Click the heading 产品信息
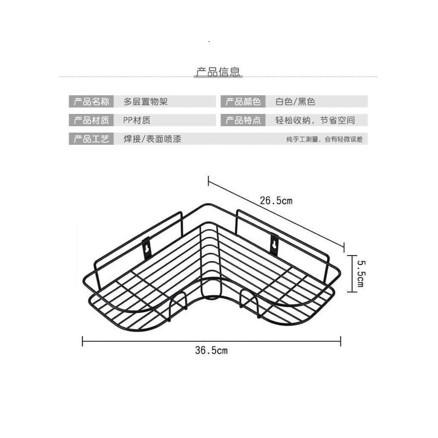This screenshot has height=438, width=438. click(218, 72)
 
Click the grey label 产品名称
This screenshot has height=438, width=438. click(91, 101)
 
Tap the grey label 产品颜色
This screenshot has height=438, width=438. click(243, 101)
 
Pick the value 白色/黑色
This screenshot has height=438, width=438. click(295, 101)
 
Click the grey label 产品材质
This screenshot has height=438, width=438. click(91, 120)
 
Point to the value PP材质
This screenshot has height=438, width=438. click(137, 120)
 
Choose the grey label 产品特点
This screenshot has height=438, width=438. click(243, 120)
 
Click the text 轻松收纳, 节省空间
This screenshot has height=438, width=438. click(315, 120)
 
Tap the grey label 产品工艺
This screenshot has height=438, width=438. click(91, 139)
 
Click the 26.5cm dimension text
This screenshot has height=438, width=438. click(276, 201)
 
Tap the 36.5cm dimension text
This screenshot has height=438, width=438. click(211, 350)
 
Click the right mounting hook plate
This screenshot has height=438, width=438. click(273, 245)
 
